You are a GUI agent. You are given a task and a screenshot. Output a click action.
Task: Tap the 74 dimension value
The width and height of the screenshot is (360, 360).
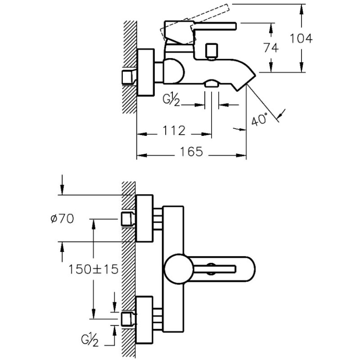tap(271, 48)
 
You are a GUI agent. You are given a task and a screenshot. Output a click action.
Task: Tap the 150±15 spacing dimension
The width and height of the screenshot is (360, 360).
tap(93, 269)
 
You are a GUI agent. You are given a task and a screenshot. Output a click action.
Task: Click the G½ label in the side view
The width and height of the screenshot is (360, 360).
tap(172, 99)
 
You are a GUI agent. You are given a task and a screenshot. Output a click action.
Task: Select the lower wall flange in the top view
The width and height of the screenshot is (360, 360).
tap(144, 319)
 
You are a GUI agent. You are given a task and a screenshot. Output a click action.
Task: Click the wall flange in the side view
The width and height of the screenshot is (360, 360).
tap(144, 72)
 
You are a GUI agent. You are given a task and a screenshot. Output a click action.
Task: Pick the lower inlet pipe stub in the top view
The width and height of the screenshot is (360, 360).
tap(128, 319)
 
